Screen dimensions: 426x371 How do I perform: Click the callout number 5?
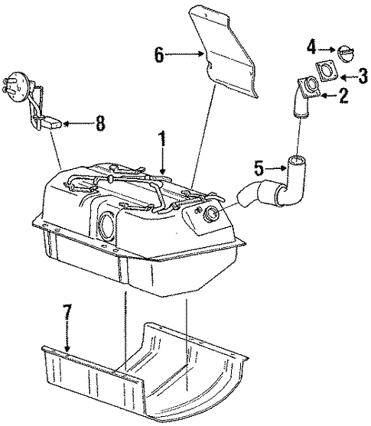[259, 166]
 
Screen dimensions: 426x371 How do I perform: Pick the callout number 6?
[158, 54]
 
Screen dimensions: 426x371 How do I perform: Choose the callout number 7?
[68, 314]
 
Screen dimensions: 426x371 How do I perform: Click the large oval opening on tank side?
[107, 227]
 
